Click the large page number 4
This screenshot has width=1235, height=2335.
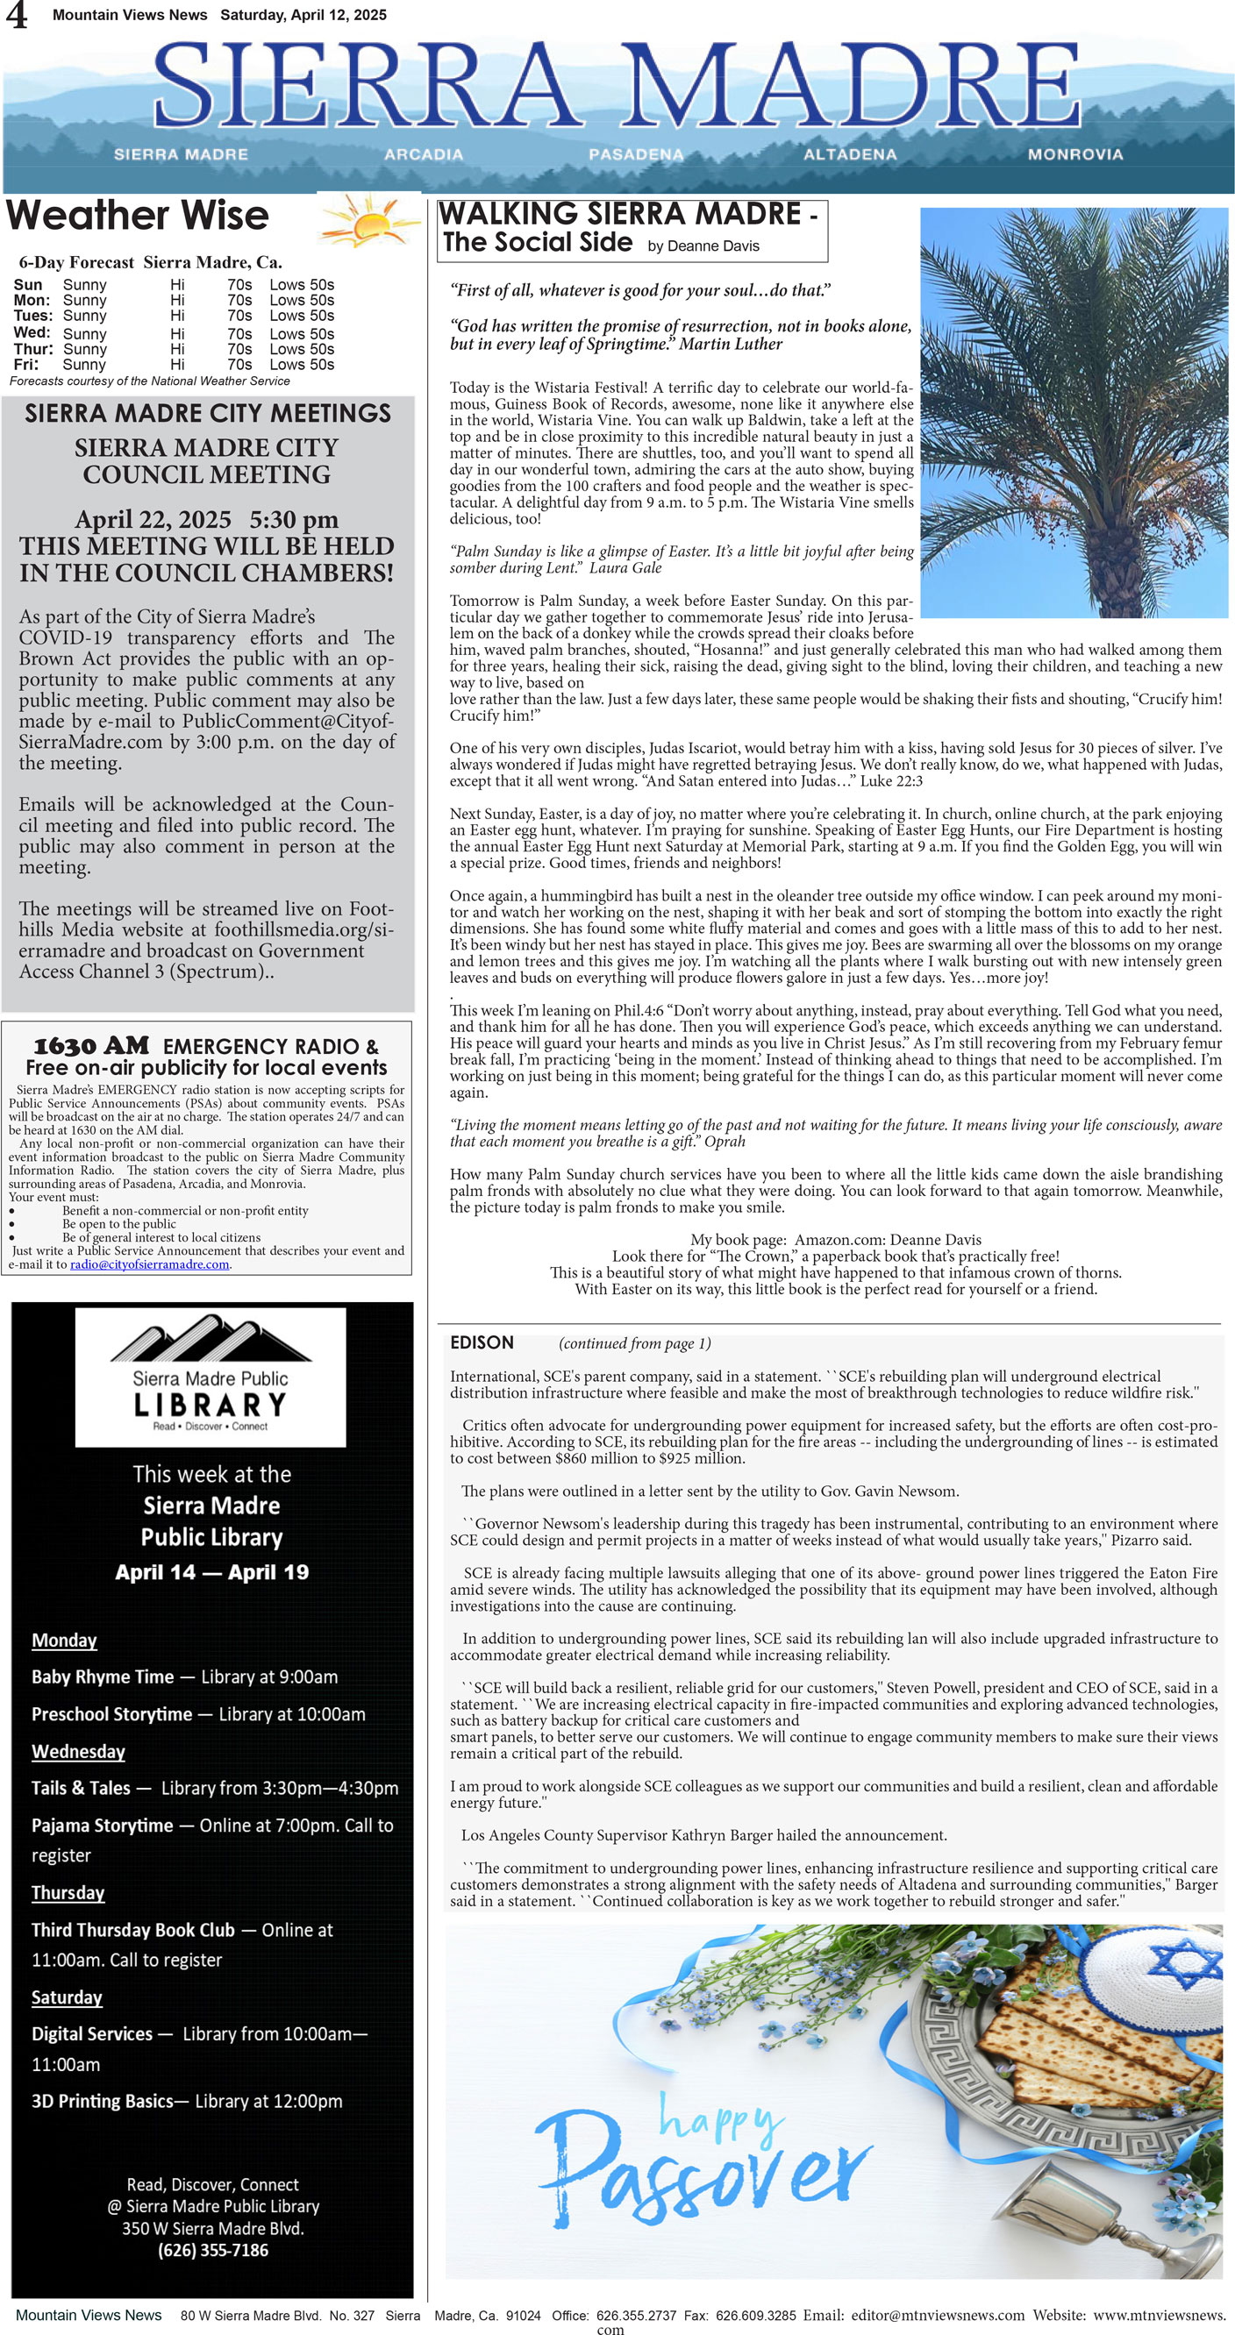[x=17, y=17]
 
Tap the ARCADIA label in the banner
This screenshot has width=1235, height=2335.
[x=423, y=154]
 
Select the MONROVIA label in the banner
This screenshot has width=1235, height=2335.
[x=1074, y=154]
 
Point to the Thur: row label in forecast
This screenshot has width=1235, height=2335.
[x=32, y=349]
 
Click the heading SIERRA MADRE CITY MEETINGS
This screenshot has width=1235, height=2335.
[x=208, y=413]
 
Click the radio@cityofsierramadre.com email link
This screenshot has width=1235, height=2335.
[x=149, y=1264]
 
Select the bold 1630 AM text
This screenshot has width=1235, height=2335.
[x=90, y=1046]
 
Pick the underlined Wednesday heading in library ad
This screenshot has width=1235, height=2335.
[x=78, y=1751]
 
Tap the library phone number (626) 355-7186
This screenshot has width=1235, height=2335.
[x=212, y=2250]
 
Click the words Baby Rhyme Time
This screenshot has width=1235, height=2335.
[x=102, y=1677]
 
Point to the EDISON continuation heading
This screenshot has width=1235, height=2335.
[x=482, y=1342]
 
